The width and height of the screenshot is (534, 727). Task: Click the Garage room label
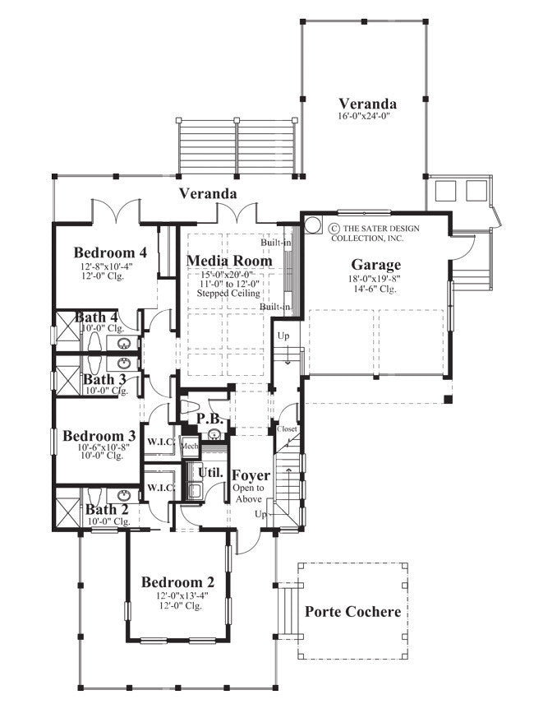pyautogui.click(x=376, y=265)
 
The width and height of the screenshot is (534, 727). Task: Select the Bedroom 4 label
pyautogui.click(x=110, y=252)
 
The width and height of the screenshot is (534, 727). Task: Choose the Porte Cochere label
pyautogui.click(x=353, y=612)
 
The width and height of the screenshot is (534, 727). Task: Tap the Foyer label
pyautogui.click(x=251, y=475)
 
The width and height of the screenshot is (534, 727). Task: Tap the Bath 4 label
pyautogui.click(x=96, y=317)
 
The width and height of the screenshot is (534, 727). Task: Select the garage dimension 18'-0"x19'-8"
pyautogui.click(x=376, y=279)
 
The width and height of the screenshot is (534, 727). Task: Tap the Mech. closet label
pyautogui.click(x=189, y=445)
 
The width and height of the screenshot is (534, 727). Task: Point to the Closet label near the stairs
pyautogui.click(x=287, y=429)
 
